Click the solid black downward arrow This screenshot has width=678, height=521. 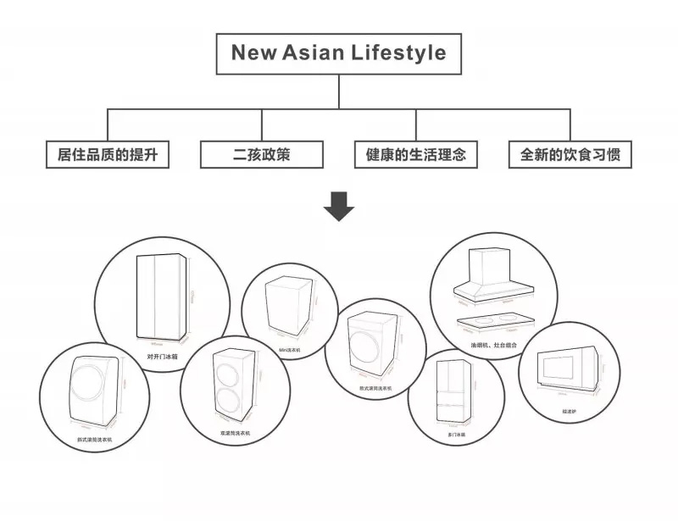tap(339, 207)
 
